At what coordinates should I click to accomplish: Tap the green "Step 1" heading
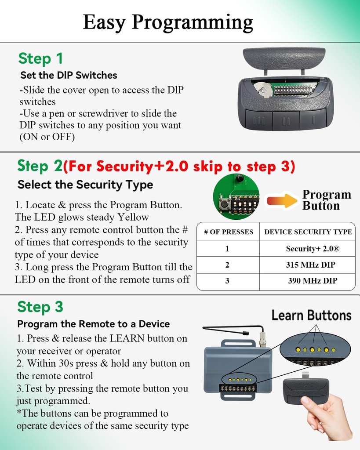click(40, 58)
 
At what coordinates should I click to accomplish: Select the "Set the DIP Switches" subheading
click(69, 75)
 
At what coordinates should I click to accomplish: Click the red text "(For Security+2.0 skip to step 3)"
click(179, 167)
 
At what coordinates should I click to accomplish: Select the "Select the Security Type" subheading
click(85, 185)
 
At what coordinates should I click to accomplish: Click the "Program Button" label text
click(326, 200)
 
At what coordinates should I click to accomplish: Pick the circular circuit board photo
click(236, 196)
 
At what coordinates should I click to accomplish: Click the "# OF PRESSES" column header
click(228, 232)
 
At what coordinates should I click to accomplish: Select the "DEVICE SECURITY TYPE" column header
click(308, 232)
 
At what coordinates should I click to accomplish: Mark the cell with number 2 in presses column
click(227, 265)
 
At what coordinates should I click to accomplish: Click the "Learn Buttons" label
click(311, 316)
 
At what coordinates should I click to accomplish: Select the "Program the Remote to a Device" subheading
click(93, 324)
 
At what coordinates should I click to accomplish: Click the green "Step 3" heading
click(40, 307)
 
